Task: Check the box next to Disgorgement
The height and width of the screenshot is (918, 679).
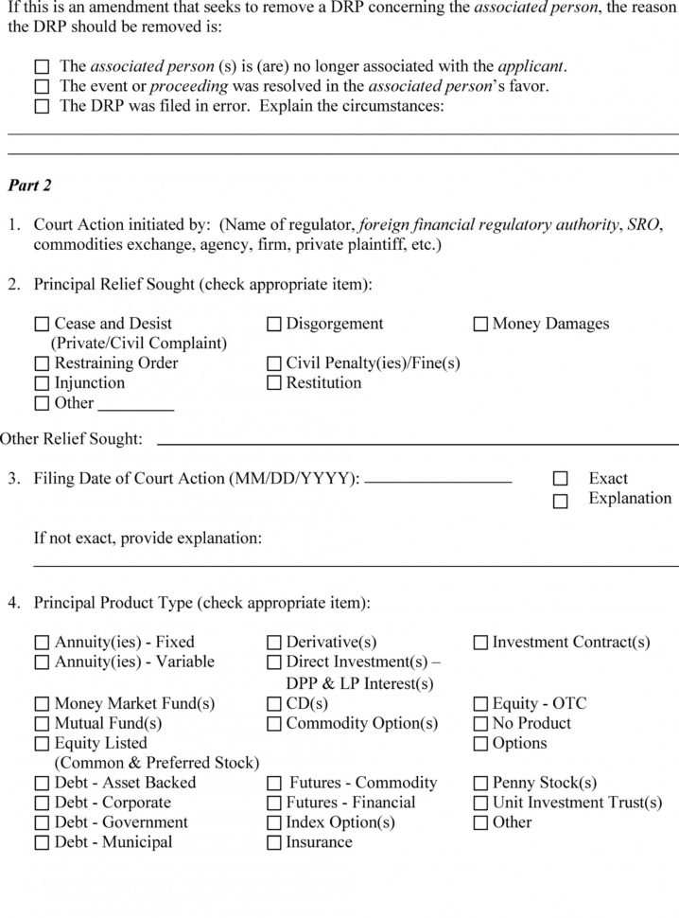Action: (274, 325)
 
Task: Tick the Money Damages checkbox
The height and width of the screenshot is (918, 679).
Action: (480, 325)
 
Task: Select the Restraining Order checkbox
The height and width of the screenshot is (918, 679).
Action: (42, 363)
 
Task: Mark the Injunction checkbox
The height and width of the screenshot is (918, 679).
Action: (42, 383)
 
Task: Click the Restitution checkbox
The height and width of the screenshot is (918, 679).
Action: (274, 383)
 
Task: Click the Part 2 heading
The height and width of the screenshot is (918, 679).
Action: (29, 185)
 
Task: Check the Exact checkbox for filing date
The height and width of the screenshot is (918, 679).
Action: (561, 479)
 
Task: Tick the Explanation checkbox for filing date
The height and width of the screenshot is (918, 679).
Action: (561, 501)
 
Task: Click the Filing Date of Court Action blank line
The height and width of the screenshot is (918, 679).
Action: (438, 482)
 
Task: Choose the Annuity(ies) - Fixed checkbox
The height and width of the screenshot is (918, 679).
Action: (42, 643)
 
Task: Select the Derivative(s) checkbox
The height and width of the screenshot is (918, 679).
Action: (274, 643)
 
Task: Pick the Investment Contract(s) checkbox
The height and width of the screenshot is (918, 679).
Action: (480, 643)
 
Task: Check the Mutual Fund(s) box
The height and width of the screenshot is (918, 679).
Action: (42, 724)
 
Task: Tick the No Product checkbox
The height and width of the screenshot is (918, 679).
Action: (480, 724)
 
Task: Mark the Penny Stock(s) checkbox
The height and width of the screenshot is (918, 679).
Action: (480, 784)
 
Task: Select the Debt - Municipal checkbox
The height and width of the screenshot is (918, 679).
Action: (42, 842)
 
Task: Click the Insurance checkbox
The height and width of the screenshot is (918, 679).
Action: (274, 842)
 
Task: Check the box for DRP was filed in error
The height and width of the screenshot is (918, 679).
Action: (42, 107)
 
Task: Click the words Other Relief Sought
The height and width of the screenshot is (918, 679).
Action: (71, 438)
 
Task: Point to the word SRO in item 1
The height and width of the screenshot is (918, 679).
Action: (643, 225)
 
